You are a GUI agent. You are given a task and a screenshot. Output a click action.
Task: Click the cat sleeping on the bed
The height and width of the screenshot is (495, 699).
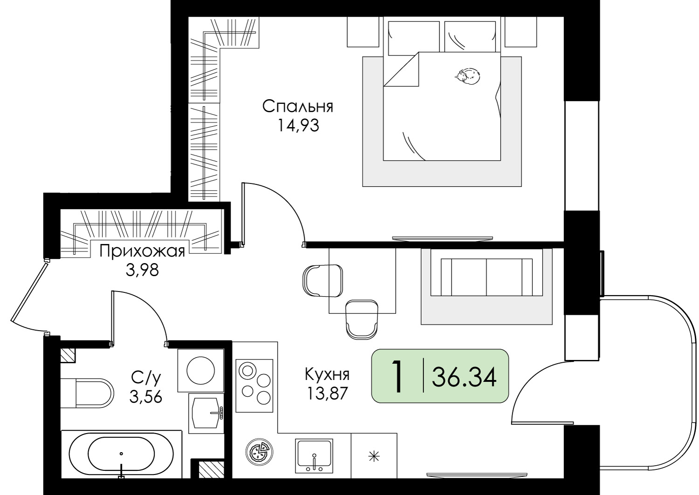tap(467, 76)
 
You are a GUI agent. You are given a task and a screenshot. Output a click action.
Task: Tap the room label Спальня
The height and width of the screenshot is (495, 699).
tap(298, 106)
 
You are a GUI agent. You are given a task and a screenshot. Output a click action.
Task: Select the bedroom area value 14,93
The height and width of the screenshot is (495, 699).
tap(298, 126)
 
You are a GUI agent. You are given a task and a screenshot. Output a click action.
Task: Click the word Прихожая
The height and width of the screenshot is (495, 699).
tap(142, 251)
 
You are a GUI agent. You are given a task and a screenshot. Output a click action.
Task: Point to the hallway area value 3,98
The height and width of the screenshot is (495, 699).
tap(142, 270)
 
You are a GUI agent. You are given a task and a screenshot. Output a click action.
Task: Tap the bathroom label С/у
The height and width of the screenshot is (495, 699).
tap(146, 378)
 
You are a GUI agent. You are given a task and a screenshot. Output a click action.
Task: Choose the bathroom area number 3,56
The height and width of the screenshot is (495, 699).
tap(146, 397)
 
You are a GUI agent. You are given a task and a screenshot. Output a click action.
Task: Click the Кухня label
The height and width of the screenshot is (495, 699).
tap(327, 374)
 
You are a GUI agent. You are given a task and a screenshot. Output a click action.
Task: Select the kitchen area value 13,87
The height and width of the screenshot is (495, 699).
tap(327, 393)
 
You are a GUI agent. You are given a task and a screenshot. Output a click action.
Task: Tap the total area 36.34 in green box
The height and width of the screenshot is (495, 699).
tap(464, 377)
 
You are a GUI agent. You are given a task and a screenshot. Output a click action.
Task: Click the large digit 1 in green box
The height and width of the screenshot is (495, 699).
tap(397, 376)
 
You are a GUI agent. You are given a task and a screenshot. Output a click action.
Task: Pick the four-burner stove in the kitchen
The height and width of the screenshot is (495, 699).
tap(254, 386)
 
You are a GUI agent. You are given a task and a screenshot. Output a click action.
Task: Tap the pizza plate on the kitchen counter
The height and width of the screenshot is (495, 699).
tap(259, 452)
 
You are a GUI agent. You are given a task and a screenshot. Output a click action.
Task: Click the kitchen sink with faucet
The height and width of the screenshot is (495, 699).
tap(314, 456)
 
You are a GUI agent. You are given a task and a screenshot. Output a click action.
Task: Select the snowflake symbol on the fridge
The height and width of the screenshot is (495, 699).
tap(374, 457)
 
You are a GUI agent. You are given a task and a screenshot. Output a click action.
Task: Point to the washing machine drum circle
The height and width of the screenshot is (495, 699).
tap(201, 371)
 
